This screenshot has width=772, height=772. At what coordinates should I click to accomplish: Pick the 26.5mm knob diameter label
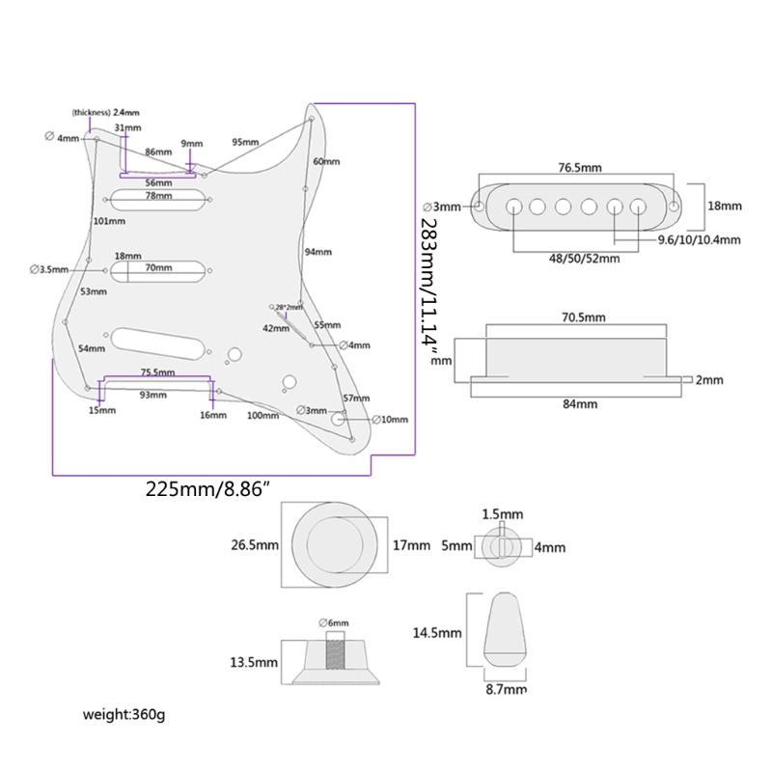(254, 545)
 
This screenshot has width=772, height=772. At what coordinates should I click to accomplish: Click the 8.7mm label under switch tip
(506, 690)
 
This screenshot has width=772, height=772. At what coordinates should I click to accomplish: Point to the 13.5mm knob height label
(254, 662)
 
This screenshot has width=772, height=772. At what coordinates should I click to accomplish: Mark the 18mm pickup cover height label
(724, 207)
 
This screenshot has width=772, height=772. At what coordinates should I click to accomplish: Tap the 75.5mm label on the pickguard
(156, 372)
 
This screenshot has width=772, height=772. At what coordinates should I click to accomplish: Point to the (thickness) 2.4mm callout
(107, 113)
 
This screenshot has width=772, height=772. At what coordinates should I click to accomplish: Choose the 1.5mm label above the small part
(504, 513)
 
